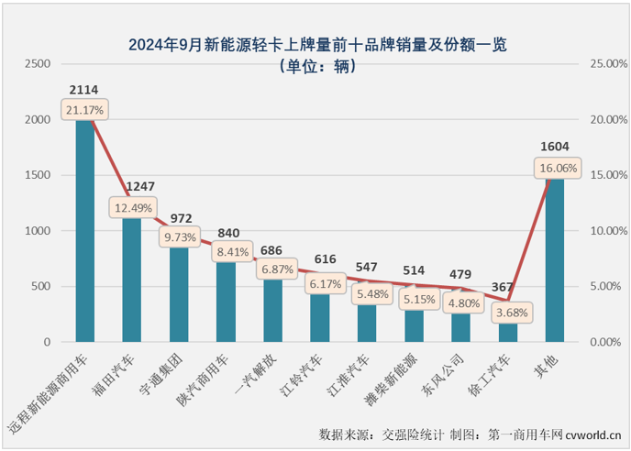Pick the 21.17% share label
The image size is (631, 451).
[x=84, y=111]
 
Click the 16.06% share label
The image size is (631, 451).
[x=556, y=169]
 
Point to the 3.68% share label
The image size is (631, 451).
[x=509, y=313]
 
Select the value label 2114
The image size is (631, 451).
[x=84, y=90]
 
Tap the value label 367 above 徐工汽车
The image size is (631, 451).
[x=509, y=288]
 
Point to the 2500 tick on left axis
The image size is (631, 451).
[x=38, y=64]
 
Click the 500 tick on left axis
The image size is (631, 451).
[x=41, y=287]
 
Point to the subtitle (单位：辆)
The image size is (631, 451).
[x=316, y=65]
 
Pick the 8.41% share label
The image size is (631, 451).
[x=226, y=249]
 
